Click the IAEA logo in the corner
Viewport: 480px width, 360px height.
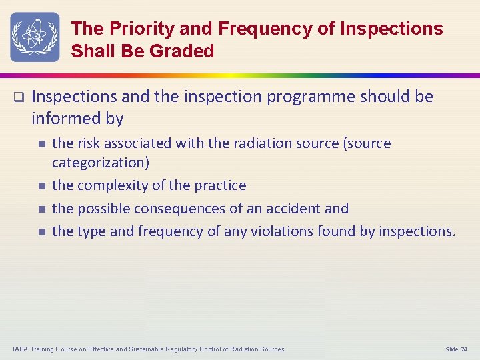(x=34, y=37)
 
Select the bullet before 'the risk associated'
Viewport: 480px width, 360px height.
(x=41, y=143)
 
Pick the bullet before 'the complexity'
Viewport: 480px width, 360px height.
(x=41, y=186)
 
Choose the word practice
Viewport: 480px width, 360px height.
(x=219, y=186)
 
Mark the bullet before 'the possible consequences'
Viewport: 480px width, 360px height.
(x=41, y=209)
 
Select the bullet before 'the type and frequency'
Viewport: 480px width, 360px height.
(x=41, y=232)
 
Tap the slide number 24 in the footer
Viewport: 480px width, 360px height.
(x=463, y=349)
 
